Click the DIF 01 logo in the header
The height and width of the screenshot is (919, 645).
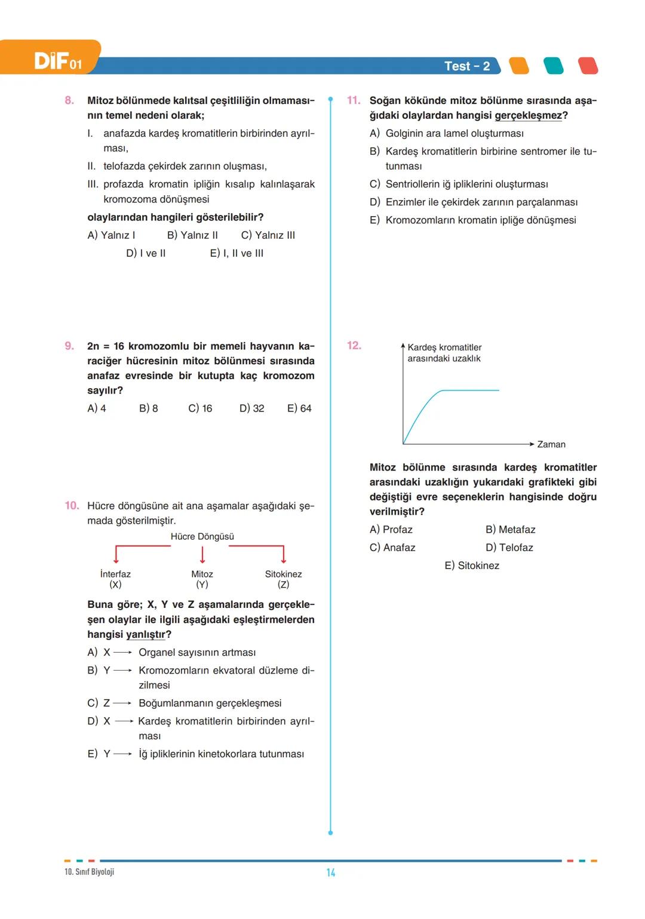pos(57,60)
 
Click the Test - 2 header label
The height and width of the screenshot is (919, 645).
pos(466,66)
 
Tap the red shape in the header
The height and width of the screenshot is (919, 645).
pos(588,66)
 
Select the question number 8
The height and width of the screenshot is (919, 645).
pos(69,100)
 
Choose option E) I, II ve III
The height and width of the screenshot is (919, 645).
pos(236,253)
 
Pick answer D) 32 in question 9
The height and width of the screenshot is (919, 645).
pos(251,408)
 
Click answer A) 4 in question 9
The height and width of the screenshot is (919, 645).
pos(97,408)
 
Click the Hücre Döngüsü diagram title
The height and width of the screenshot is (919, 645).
pos(202,536)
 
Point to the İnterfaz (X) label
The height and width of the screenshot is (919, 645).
pos(115,579)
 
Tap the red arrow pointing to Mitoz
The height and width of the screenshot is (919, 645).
pos(202,555)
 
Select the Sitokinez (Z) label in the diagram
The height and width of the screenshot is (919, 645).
pos(283,579)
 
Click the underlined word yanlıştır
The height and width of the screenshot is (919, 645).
pos(145,634)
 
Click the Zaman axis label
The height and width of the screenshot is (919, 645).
pos(551,444)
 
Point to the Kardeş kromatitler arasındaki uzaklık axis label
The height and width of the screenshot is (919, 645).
pos(444,352)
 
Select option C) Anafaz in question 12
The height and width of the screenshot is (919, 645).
pos(392,548)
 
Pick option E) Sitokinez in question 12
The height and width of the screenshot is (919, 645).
pos(472,565)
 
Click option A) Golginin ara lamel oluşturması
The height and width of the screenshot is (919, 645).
pos(447,133)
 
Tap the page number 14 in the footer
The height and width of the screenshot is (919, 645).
pos(331,872)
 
